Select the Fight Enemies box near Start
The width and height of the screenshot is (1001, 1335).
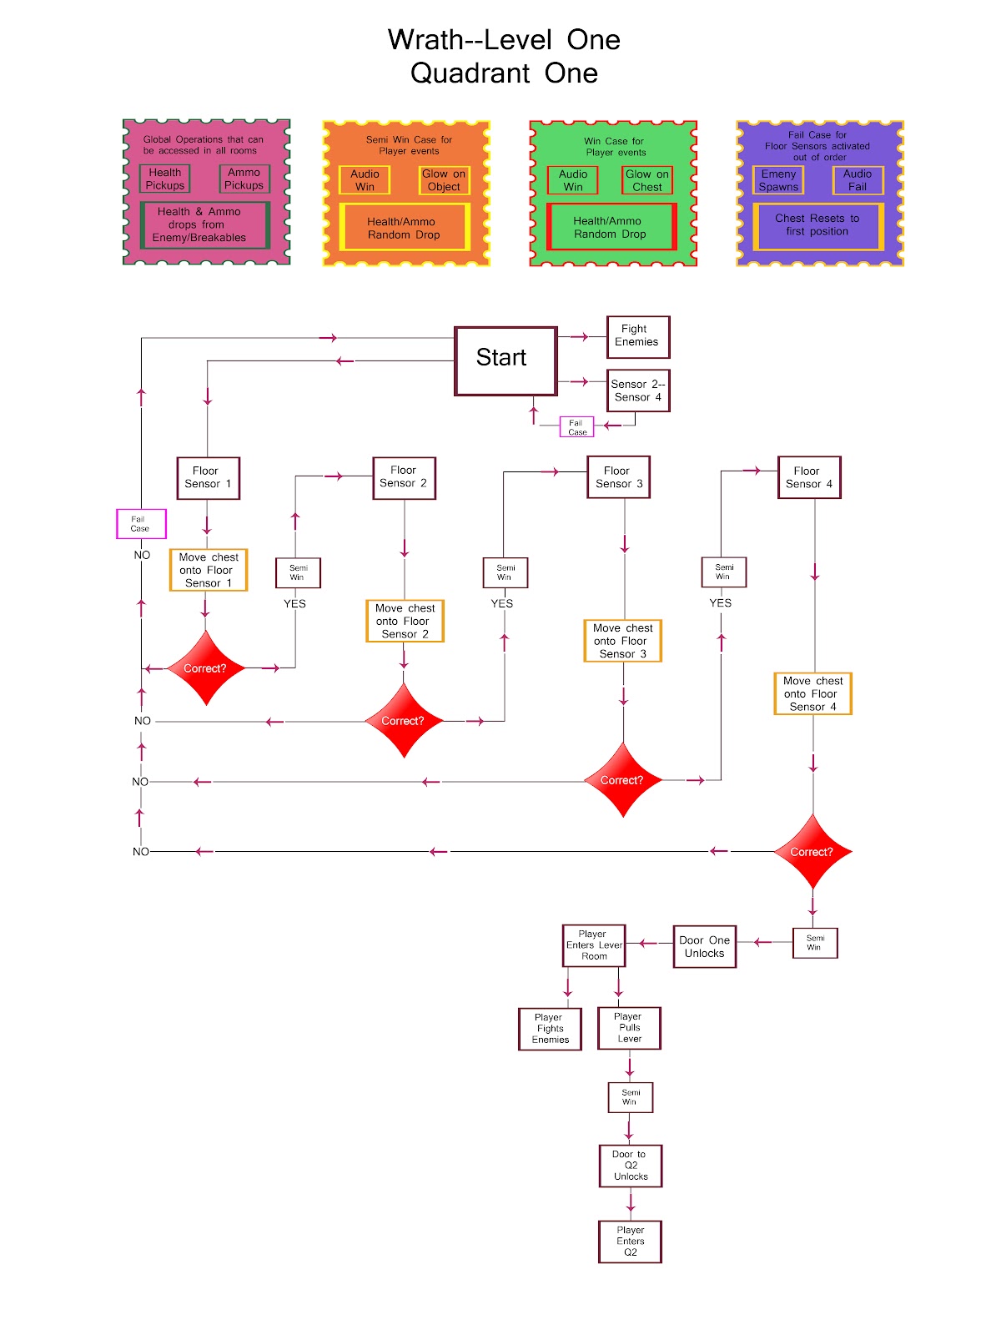[637, 336]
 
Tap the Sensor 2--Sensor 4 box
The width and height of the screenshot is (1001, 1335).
[637, 390]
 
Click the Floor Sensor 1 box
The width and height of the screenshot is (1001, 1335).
[209, 477]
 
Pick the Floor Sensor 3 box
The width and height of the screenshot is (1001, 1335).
[618, 477]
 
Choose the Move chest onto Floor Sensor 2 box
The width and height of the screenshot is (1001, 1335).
[405, 621]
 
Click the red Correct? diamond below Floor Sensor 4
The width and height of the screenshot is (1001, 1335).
[812, 852]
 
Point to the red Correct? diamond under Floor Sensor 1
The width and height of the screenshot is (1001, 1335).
[206, 668]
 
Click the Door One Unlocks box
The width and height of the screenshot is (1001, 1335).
[704, 946]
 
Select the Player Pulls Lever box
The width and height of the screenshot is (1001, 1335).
[629, 1028]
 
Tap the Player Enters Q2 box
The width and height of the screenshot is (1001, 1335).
[630, 1241]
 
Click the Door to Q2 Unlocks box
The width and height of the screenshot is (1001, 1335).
[630, 1166]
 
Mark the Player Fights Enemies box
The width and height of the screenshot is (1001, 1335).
[550, 1029]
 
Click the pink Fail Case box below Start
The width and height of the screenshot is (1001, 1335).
[576, 427]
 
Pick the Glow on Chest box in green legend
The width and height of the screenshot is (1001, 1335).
[647, 180]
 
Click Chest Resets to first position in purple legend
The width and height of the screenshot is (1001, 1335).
[817, 225]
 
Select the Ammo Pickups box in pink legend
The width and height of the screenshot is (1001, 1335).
[244, 179]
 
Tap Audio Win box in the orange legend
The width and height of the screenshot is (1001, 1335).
[365, 180]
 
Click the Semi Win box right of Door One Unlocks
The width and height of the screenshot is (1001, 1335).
[814, 943]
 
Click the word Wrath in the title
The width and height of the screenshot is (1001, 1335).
[425, 40]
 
